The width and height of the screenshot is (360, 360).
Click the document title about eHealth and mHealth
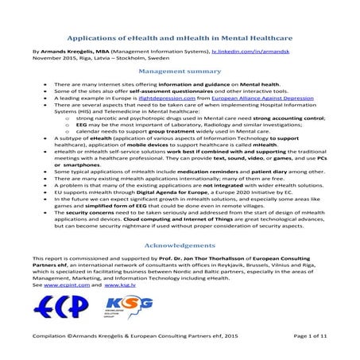pos(180,37)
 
